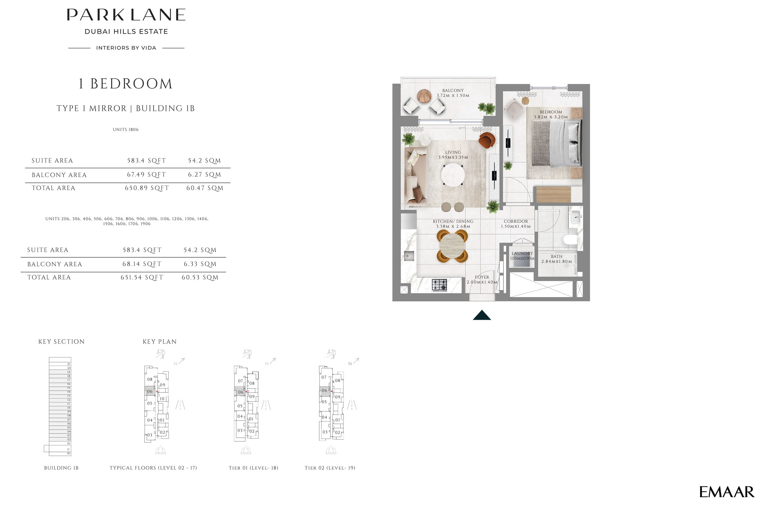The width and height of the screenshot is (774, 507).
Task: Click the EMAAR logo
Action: coord(727,492)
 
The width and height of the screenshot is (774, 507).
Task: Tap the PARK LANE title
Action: coord(126,15)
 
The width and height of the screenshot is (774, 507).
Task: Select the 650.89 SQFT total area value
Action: coord(147,188)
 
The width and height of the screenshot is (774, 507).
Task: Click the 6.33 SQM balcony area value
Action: coord(200,264)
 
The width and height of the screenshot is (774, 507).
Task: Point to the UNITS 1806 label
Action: coord(125,129)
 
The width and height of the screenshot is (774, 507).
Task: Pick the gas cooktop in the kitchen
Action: coord(439,285)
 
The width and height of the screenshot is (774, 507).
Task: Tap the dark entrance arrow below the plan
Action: coord(482,315)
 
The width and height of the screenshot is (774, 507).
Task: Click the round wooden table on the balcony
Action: coord(424,96)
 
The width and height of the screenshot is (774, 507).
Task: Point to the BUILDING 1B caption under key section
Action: coord(61,468)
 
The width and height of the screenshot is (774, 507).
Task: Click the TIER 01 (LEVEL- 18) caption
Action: coord(253,468)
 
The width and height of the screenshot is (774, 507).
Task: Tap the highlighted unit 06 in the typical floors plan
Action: coord(150,391)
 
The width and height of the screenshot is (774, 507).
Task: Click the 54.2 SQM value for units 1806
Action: coord(204,160)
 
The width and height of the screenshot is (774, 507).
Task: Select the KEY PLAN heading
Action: coord(159,342)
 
